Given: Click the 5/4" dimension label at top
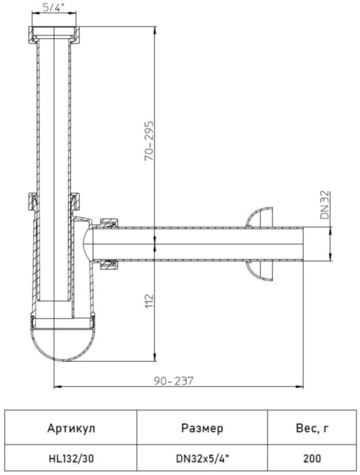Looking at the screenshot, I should click(x=52, y=9).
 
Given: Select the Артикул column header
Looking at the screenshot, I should click(x=72, y=428).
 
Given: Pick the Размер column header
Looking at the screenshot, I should click(x=202, y=428).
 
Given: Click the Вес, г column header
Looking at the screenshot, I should click(x=312, y=428).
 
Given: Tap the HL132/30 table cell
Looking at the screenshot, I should click(x=72, y=459).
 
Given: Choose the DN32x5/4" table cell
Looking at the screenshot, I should click(x=202, y=459).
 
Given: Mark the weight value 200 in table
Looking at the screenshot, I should click(x=312, y=459).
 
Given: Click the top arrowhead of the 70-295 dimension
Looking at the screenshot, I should click(x=157, y=30).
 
